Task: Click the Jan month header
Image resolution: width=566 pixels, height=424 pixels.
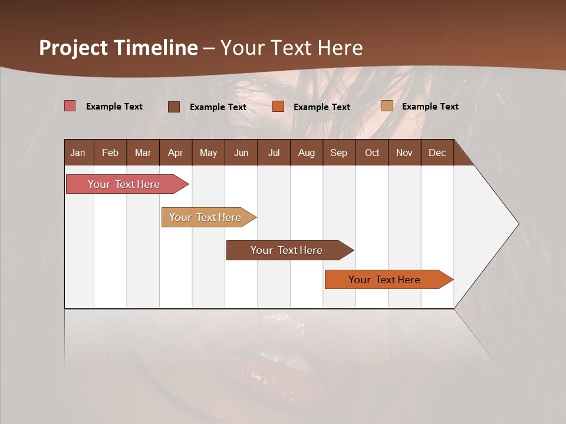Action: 78,153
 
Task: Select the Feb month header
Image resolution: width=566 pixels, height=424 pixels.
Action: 110,153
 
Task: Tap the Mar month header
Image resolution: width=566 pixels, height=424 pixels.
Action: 143,153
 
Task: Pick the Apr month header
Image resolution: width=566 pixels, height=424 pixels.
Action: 175,153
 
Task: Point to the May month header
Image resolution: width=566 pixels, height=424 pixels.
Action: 208,153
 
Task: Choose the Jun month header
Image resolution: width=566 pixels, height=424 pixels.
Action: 241,153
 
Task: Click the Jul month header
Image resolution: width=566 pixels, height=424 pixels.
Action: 274,153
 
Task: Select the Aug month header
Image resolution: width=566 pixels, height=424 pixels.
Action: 307,153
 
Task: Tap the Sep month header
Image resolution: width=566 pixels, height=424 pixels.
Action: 338,153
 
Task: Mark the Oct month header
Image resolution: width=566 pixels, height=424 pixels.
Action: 372,153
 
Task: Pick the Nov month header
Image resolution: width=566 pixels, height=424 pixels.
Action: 404,153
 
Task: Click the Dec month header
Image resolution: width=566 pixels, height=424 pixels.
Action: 437,153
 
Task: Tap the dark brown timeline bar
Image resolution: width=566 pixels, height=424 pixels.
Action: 287,250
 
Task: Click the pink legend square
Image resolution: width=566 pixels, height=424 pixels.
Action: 70,106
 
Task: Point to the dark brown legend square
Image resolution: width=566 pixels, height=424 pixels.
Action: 174,107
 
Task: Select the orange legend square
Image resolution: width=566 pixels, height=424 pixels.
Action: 278,107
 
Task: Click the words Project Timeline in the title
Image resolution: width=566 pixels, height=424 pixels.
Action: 119,48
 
